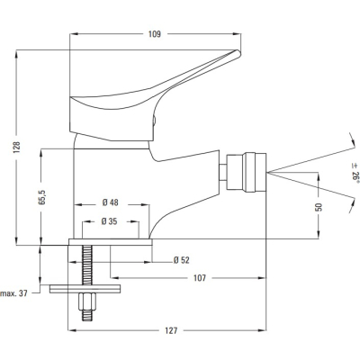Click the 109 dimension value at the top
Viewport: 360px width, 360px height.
coord(155,34)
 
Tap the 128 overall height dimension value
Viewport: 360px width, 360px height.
coord(17,147)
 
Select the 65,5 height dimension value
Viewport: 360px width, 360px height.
coord(41,197)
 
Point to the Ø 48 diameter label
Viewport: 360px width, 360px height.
coord(111,202)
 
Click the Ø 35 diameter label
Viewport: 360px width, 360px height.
coord(109,221)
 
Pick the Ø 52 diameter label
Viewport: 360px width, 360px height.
coord(182,260)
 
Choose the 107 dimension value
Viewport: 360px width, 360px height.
coord(200,278)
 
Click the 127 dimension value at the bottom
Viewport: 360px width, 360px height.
coord(171,330)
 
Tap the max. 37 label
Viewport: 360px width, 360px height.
coord(14,293)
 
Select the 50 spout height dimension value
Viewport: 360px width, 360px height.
coord(319,207)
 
